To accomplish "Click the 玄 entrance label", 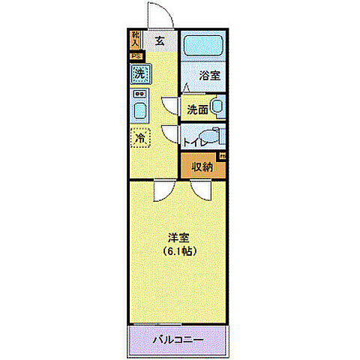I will pos(160,41).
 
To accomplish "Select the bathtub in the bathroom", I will pos(205,45).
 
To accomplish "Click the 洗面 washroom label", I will pos(197,109).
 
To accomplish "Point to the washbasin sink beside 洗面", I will pos(217,107).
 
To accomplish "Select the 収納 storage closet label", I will pos(205,166).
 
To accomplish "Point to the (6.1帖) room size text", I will pos(178,251).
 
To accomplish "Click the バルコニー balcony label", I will pos(178,340).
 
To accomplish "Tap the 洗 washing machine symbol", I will pos(139,74).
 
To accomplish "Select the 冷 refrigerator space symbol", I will pos(139,137).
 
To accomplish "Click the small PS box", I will pos(136,55).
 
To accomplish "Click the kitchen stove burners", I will pos(139,94).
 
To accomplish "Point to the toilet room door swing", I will pos(169,135).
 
